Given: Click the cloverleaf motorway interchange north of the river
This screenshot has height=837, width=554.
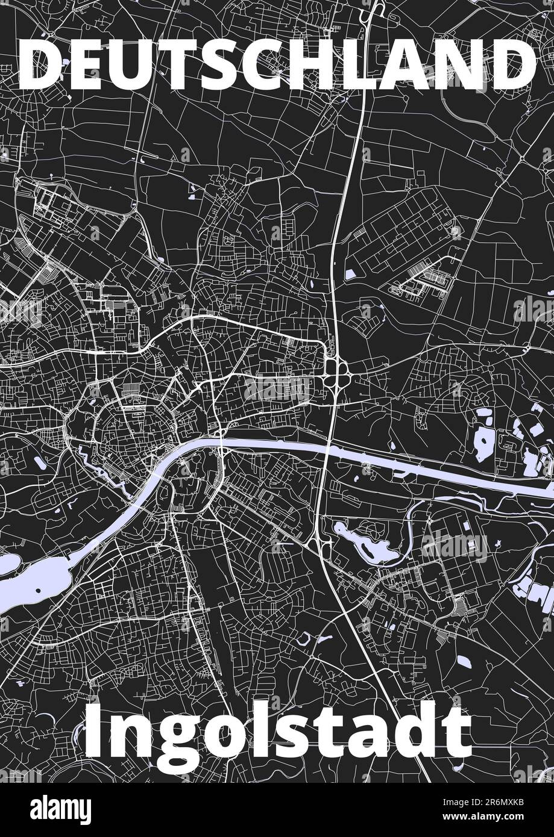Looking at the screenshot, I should click(335, 369).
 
